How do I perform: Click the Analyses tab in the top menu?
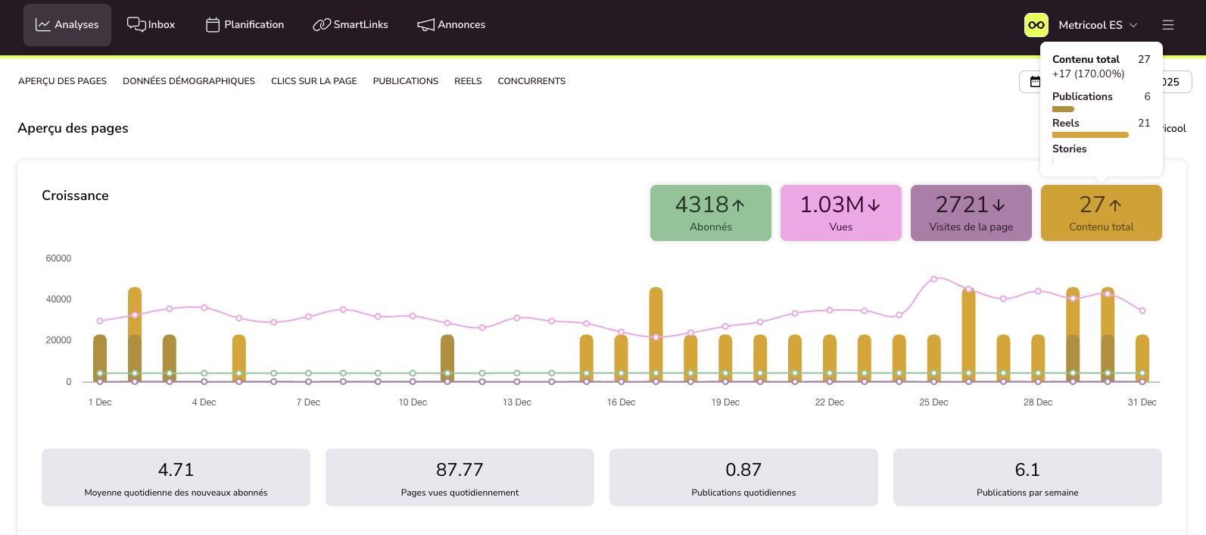point(67,25)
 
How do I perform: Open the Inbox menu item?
point(151,25)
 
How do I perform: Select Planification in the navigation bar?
point(245,25)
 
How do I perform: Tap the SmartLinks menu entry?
point(351,25)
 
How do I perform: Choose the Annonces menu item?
point(451,25)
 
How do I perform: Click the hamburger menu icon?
point(1168,25)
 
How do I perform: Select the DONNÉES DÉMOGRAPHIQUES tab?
point(189,81)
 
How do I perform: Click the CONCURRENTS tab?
point(531,81)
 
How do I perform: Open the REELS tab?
point(468,81)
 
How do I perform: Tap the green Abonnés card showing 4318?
point(711,213)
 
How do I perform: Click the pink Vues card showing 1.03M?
point(841,213)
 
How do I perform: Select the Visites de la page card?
point(971,213)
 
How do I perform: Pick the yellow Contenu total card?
point(1102,213)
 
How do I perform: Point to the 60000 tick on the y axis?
point(58,258)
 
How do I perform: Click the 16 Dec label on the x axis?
point(621,402)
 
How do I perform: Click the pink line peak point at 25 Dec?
point(934,279)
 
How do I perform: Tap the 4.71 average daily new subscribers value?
point(176,470)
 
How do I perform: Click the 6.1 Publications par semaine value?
point(1027,470)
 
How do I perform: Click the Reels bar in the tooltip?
point(1090,135)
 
